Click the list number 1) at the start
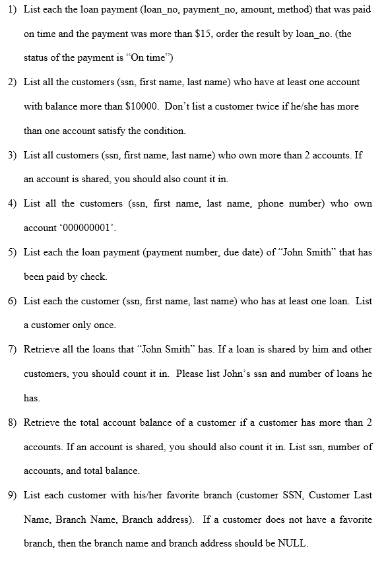coord(13,10)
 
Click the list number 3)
coord(13,155)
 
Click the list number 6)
coord(13,301)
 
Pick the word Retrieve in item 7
coord(42,349)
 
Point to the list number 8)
coord(13,422)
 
